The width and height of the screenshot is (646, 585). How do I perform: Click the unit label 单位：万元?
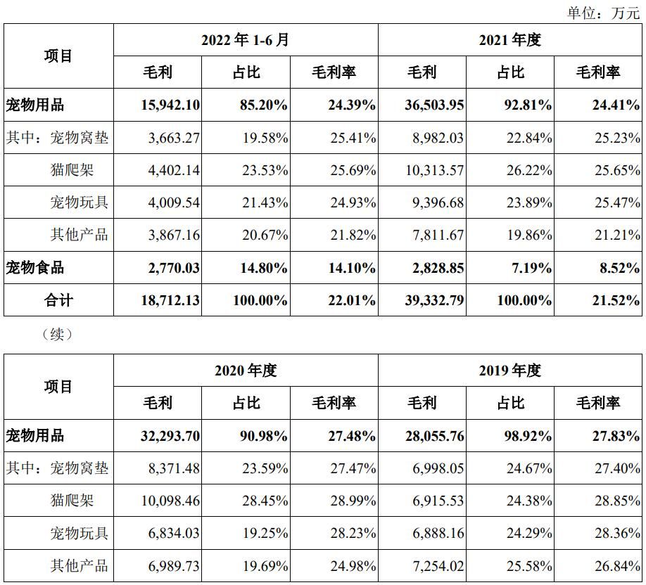click(604, 13)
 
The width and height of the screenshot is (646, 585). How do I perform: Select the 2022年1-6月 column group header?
click(245, 40)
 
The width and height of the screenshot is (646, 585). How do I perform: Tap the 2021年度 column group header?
click(509, 40)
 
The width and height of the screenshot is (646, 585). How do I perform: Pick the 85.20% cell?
click(260, 105)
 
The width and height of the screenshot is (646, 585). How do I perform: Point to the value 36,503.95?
click(434, 105)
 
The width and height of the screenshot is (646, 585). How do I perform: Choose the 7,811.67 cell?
click(438, 235)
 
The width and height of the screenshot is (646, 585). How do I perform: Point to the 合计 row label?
click(58, 300)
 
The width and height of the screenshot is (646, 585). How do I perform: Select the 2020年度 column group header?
click(245, 371)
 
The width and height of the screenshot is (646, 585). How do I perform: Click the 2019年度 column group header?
click(509, 371)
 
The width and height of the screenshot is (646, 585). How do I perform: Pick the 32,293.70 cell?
click(166, 436)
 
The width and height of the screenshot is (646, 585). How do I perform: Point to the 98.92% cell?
click(526, 436)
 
